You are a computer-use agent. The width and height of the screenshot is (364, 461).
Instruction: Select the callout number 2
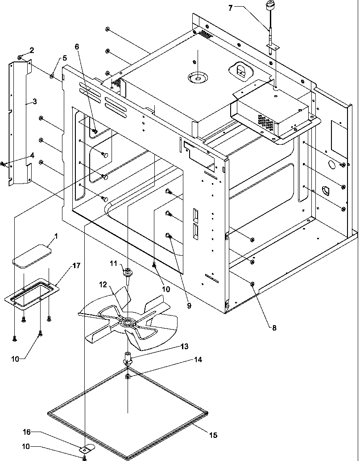(x=32, y=49)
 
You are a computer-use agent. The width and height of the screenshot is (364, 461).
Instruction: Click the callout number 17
(x=76, y=266)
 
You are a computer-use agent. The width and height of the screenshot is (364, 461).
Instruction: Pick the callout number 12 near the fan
(x=103, y=284)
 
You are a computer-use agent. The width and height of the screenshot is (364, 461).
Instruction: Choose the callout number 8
(x=274, y=328)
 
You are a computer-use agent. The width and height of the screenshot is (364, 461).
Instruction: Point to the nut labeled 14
(x=128, y=376)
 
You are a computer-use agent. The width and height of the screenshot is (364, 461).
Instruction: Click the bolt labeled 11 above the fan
(x=128, y=272)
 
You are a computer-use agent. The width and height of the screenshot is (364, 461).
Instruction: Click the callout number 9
(x=189, y=306)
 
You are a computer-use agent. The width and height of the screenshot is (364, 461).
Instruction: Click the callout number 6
(x=77, y=47)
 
